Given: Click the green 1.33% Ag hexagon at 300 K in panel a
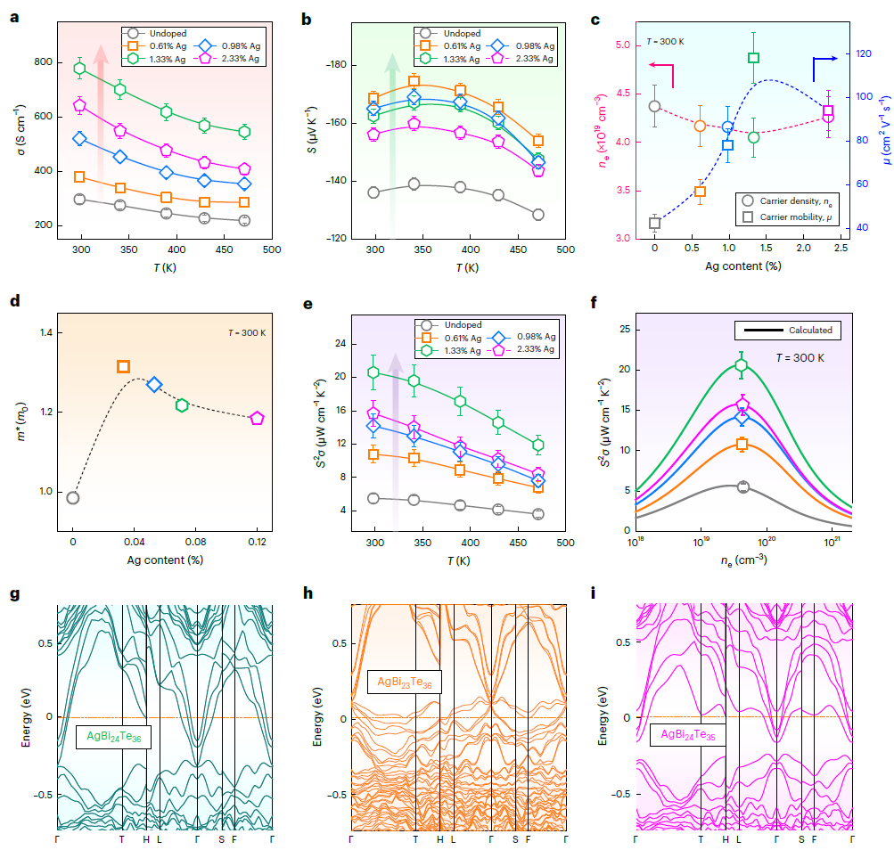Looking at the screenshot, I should (79, 69).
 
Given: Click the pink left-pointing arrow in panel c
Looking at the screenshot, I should (660, 65).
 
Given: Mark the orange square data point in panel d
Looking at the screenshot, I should (123, 366).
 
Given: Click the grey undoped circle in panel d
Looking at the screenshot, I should (73, 498).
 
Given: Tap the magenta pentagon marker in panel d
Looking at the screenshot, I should (257, 418).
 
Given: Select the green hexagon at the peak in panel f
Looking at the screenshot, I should (741, 364).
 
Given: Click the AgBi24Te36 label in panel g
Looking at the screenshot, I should (113, 737).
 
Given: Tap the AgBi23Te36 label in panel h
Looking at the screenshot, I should (405, 682).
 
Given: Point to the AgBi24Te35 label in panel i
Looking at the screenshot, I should (688, 736).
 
